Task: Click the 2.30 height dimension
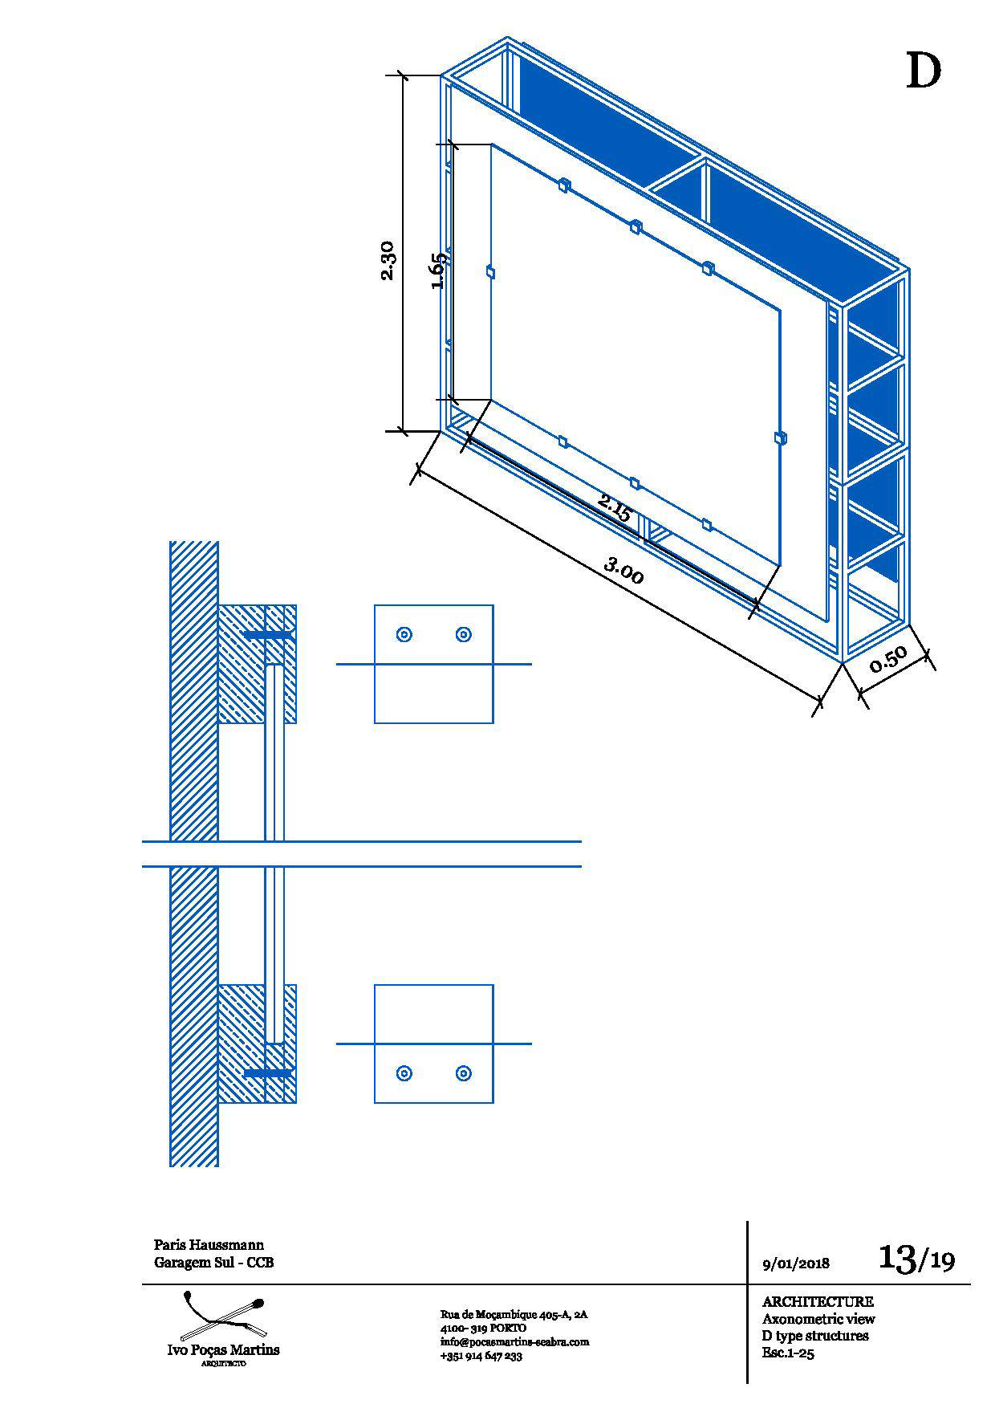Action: pos(387,260)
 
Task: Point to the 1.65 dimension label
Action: pos(437,271)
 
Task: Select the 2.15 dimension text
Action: pos(615,508)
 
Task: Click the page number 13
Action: pos(897,1257)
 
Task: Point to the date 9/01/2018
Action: pos(796,1263)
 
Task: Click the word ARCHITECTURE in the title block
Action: pos(818,1301)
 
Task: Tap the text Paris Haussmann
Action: pos(209,1245)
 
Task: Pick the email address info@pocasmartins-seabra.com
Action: pos(514,1341)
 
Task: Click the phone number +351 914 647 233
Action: pos(481,1356)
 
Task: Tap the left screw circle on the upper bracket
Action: pos(404,635)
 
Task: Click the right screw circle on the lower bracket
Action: pos(463,1073)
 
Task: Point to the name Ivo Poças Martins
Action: pos(223,1349)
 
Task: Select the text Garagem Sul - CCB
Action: pos(213,1263)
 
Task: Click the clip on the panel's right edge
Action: pos(780,437)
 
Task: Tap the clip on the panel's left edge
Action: pos(490,273)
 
